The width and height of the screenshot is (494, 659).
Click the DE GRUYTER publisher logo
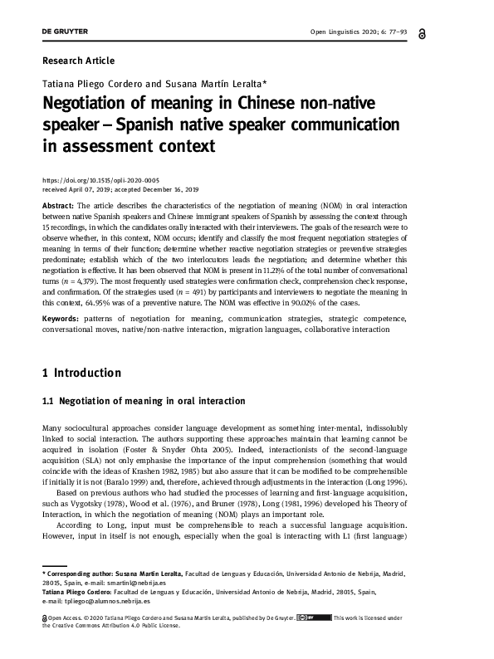click(65, 32)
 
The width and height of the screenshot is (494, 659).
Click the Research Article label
click(78, 61)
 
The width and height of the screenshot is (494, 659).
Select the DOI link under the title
click(100, 180)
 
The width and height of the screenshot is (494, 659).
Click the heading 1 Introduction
click(81, 373)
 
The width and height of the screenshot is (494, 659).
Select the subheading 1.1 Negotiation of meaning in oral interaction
click(144, 401)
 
